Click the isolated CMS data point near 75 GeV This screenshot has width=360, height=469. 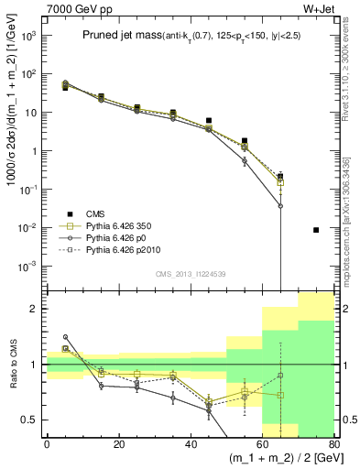click(x=316, y=230)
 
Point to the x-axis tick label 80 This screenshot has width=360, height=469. click(x=333, y=443)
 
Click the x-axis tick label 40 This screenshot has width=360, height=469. click(x=191, y=443)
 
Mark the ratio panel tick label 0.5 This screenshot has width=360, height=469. click(x=31, y=420)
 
